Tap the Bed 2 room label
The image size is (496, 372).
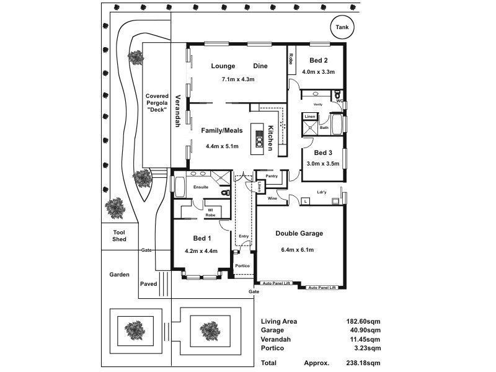tap(318, 60)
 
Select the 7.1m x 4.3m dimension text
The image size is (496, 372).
tap(238, 79)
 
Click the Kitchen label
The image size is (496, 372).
tap(271, 137)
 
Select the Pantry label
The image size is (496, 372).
tap(271, 176)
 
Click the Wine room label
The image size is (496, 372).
tap(272, 198)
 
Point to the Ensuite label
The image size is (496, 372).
tap(201, 187)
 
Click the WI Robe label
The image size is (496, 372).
tap(210, 212)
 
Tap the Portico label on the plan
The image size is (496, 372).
tap(242, 266)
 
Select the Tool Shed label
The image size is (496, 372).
tap(119, 235)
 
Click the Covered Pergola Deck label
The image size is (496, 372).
tap(157, 103)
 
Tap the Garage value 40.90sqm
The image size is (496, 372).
tap(365, 330)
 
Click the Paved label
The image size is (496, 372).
tap(149, 284)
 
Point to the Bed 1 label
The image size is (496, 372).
tap(201, 239)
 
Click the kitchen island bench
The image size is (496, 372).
tap(257, 140)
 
